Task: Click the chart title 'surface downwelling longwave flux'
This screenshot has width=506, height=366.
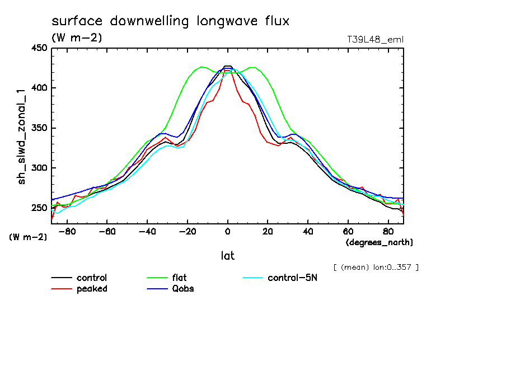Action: pos(170,22)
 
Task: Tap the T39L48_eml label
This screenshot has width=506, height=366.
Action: pos(375,39)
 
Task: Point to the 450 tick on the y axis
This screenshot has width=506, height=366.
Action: pos(39,48)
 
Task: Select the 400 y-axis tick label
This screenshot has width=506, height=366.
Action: pos(39,88)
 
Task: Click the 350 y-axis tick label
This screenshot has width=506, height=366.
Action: pos(39,128)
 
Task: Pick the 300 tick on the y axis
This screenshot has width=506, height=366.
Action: pos(39,168)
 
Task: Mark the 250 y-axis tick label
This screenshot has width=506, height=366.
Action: pos(39,208)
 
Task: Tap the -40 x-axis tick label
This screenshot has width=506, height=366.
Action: pos(147,231)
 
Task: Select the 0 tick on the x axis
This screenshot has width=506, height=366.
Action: pos(228,231)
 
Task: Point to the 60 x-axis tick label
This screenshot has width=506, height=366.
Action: pos(348,231)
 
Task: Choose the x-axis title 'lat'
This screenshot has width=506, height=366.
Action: pos(228,256)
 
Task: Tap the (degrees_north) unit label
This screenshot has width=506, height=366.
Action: pos(379,242)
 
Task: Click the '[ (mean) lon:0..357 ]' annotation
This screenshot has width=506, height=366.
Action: pos(376,267)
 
